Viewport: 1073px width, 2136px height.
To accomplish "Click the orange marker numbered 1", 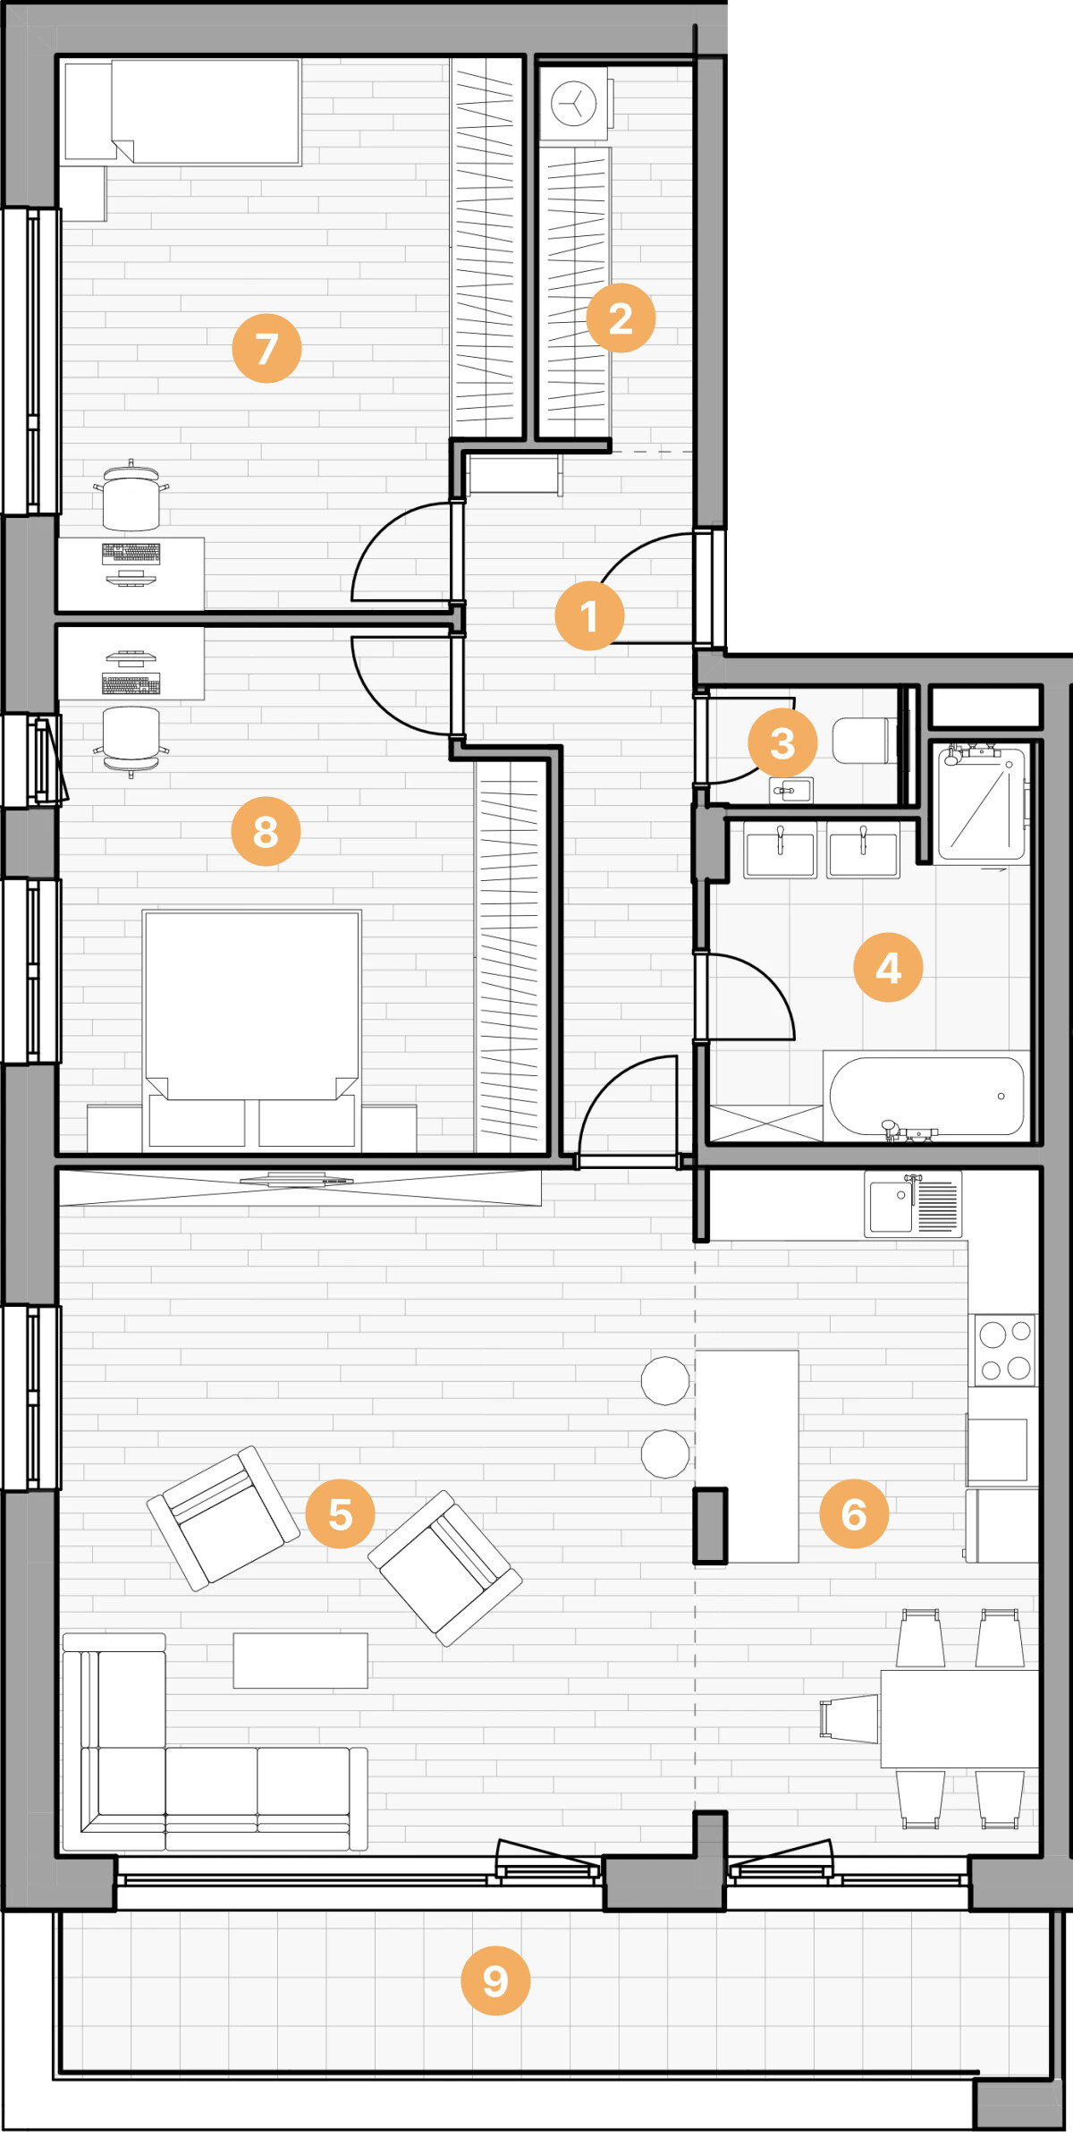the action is (589, 615).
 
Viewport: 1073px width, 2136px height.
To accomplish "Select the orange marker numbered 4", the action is (888, 967).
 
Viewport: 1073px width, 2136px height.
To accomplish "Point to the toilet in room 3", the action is (864, 740).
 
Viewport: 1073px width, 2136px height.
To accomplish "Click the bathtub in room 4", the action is (926, 1097).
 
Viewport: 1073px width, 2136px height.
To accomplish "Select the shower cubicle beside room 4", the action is (981, 801).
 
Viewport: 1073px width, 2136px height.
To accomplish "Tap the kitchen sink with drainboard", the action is (913, 1204).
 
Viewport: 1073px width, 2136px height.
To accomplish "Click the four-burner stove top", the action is (1005, 1350).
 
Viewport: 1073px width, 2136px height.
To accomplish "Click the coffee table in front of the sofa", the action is (300, 1660).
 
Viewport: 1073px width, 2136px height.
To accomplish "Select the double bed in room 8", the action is (252, 1029).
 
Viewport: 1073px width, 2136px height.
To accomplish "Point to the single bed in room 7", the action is (206, 112).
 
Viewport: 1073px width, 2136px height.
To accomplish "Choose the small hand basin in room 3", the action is (791, 791).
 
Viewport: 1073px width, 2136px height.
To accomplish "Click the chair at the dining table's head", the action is (849, 1718).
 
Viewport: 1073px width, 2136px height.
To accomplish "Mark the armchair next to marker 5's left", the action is (223, 1518).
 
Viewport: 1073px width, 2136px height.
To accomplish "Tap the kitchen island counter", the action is (747, 1456).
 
